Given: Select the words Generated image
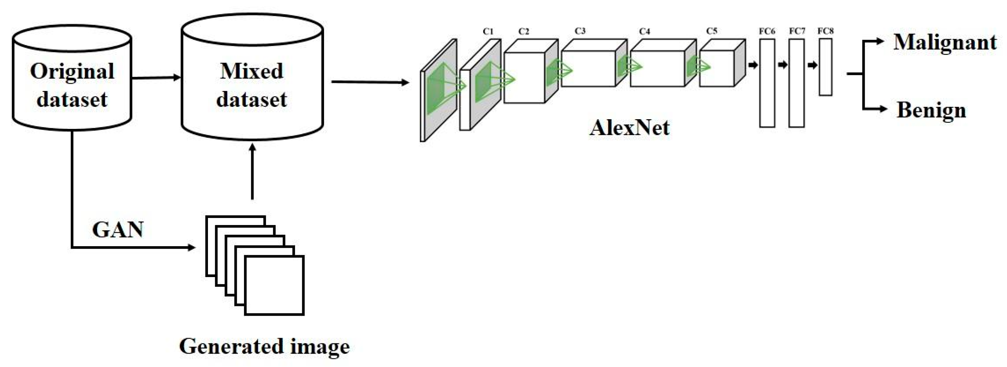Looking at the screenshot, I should coord(264,347).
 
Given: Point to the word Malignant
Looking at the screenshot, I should coord(945,42).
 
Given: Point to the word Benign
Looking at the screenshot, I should coord(931,110).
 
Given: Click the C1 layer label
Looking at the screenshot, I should coord(488,32).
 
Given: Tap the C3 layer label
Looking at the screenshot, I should coord(580,31).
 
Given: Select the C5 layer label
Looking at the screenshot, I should coord(712,31).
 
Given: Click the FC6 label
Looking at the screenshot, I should coord(767,31).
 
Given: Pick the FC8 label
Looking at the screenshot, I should coord(825,31).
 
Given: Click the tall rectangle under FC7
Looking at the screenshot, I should coord(796,83).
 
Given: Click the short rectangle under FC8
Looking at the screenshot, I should coord(825,67).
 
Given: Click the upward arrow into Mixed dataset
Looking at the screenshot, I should coord(252,172).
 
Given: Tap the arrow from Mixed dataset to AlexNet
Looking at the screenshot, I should coord(369,82).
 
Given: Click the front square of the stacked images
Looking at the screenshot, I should coord(275,285).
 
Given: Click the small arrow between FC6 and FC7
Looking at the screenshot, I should coord(782,65).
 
